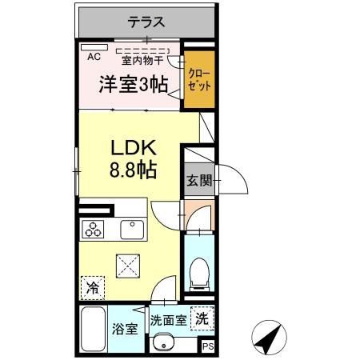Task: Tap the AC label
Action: coord(94,57)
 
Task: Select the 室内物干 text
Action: coord(142,59)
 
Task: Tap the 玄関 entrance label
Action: coord(198,179)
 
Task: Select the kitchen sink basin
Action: coord(131,230)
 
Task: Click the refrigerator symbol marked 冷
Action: coord(93,285)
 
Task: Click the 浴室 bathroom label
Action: coord(126,328)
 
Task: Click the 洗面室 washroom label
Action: coord(170,319)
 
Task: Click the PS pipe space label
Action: coord(207,346)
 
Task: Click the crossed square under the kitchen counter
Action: coord(127,263)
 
